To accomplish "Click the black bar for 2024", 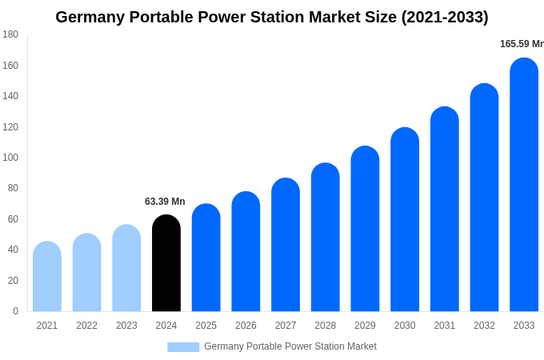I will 166,263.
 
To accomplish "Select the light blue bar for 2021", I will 47,277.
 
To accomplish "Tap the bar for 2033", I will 524,185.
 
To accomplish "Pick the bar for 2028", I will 326,238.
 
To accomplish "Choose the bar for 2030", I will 405,220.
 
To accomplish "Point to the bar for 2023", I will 126,268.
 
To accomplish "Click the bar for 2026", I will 246,252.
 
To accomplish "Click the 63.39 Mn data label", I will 165,202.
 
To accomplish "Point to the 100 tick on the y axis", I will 10,158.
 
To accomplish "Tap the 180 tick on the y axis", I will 10,34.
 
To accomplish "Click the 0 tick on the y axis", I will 15,311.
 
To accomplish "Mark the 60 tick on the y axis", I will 13,219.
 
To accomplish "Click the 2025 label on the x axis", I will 206,326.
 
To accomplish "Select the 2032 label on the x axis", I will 484,326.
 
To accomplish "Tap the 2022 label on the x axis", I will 86,326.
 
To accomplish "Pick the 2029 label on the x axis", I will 365,326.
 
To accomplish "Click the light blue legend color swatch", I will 183,347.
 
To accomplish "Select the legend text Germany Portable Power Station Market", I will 290,346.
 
